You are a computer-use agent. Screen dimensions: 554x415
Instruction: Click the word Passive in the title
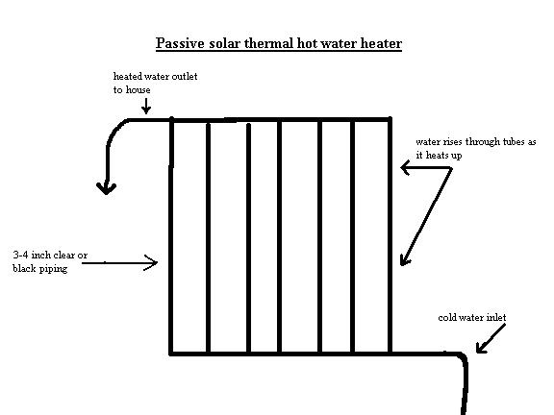(x=180, y=43)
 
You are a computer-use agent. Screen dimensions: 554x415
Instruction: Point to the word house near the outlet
(x=138, y=89)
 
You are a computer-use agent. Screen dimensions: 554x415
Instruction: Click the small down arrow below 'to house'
(x=146, y=106)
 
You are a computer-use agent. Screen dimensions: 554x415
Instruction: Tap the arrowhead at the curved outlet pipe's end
(x=107, y=189)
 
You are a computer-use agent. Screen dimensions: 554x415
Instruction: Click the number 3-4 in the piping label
(x=20, y=255)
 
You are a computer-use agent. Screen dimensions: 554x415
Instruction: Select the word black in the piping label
(x=24, y=268)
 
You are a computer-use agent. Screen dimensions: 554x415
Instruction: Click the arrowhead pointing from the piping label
(x=151, y=262)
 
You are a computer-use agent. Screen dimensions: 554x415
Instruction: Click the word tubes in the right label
(x=514, y=142)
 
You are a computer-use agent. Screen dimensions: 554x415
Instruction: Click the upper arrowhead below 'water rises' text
(x=405, y=167)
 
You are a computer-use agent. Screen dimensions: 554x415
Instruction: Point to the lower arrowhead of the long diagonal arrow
(x=405, y=259)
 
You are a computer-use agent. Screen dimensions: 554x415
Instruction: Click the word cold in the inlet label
(x=446, y=318)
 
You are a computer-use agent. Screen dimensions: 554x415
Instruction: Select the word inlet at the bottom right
(x=496, y=318)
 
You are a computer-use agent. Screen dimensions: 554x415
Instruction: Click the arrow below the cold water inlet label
(x=491, y=338)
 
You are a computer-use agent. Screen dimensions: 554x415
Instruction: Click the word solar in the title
(x=224, y=43)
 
